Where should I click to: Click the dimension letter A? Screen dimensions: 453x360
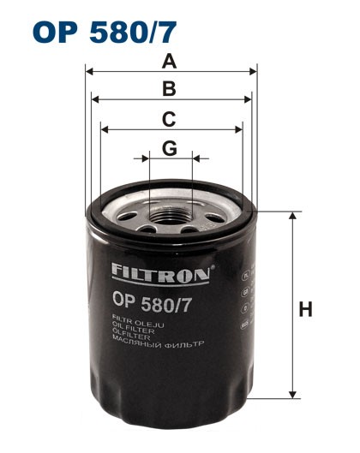click(170, 62)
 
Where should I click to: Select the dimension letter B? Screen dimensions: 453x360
click(170, 89)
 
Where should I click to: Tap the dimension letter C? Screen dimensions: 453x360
click(170, 118)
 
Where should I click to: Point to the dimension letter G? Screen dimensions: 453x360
click(170, 148)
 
